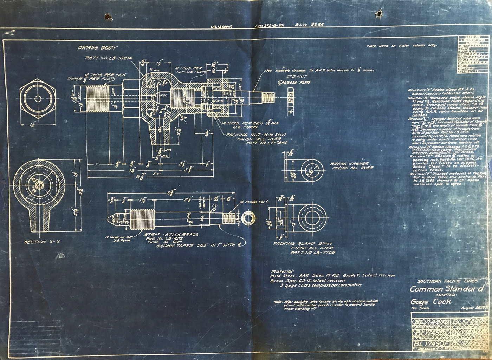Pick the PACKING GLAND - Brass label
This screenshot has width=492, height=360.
click(303, 243)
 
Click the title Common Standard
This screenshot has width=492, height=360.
click(447, 289)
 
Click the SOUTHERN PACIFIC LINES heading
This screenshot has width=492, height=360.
click(447, 281)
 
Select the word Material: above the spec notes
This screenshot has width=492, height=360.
click(283, 271)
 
